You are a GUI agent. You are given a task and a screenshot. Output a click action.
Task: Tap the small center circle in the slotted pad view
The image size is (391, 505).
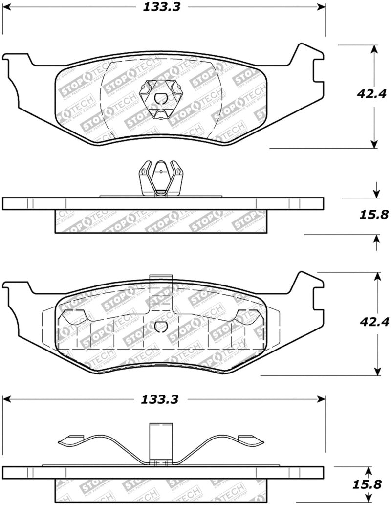pyautogui.click(x=160, y=327)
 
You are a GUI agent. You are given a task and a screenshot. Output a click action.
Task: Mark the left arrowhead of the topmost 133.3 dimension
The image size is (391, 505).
pyautogui.click(x=6, y=7)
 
